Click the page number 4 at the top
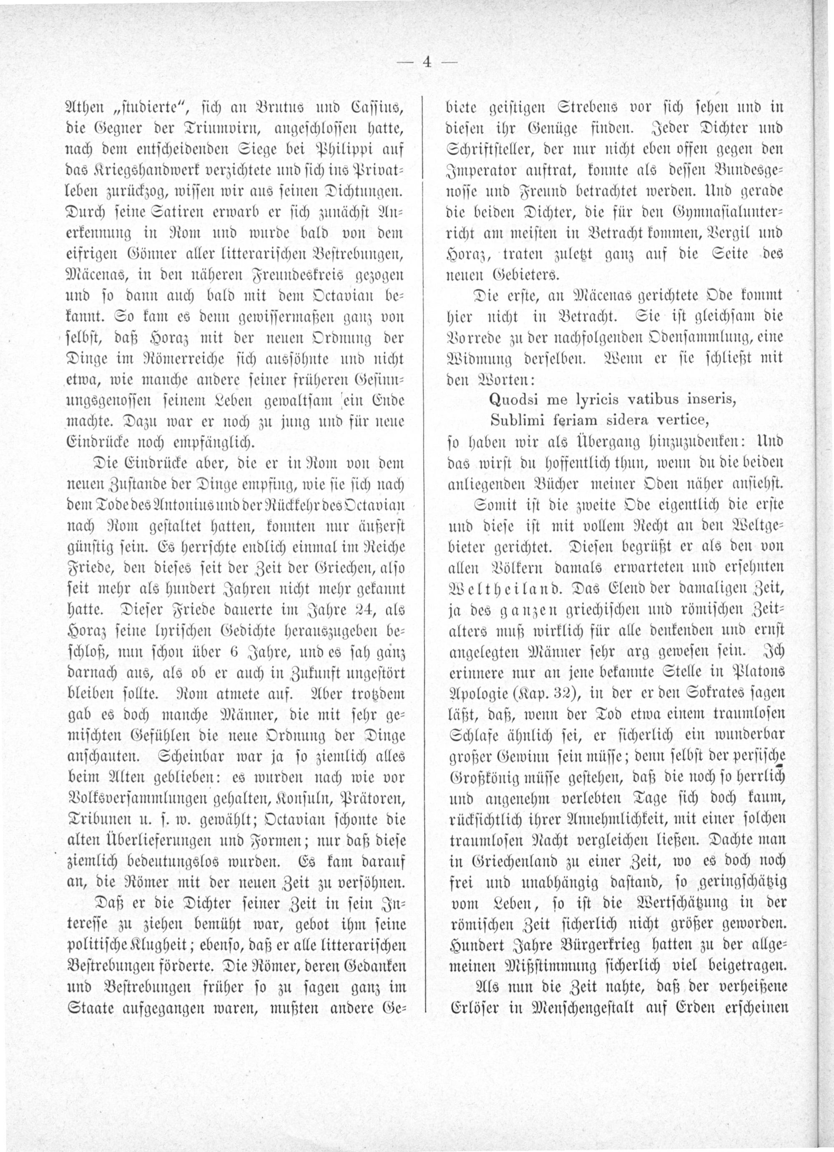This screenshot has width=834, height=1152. pos(427,62)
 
